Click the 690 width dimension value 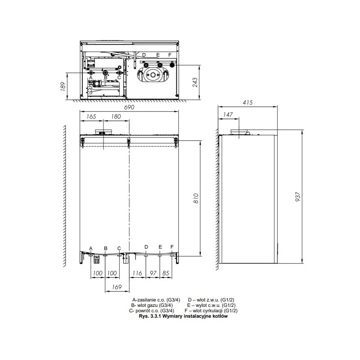(129, 107)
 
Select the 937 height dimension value (297, 197)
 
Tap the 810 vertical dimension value (196, 198)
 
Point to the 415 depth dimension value (247, 103)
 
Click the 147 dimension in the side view (228, 114)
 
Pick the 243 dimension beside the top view (195, 82)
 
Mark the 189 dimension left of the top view (63, 86)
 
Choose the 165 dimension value (91, 117)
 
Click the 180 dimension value (116, 117)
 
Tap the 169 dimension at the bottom (117, 287)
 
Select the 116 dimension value (137, 273)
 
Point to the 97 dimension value (153, 273)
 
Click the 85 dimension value (166, 273)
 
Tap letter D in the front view (146, 247)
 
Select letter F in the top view (170, 55)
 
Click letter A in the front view (91, 248)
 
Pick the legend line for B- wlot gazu (152, 306)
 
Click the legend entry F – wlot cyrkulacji (211, 310)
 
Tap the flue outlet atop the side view (240, 132)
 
